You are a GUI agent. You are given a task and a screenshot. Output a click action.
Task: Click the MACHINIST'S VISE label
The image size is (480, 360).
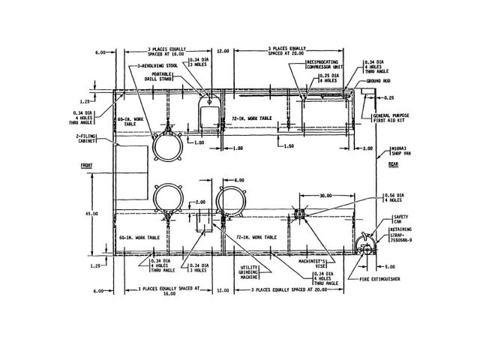[293, 267]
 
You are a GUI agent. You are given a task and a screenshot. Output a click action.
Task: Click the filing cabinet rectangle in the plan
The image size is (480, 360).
[133, 162]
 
